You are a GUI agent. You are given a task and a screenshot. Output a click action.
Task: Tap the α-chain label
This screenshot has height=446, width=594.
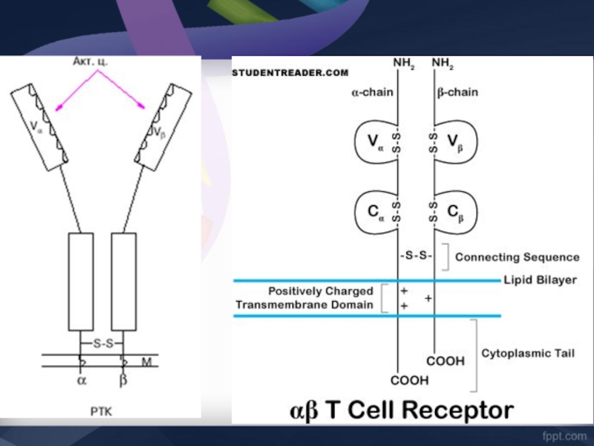tap(372, 93)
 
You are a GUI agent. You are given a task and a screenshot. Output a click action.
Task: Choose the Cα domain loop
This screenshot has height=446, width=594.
tap(372, 210)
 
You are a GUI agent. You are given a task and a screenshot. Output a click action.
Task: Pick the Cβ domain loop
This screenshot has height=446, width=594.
tap(457, 210)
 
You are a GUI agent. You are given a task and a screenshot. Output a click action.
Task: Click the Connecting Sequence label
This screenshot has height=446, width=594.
tap(517, 257)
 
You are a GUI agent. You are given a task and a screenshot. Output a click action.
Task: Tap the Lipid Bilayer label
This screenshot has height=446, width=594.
tap(540, 280)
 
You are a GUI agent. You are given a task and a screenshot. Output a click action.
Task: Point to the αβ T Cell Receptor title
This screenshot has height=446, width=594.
tap(401, 410)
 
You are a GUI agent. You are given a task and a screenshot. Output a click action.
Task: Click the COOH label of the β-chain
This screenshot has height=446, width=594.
tap(446, 361)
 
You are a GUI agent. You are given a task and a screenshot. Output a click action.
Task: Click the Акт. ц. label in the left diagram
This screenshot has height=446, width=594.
tap(91, 62)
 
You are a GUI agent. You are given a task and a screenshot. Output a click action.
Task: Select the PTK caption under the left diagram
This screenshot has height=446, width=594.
tap(102, 409)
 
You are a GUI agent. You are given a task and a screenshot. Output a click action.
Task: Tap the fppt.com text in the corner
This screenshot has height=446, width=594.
tap(560, 431)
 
